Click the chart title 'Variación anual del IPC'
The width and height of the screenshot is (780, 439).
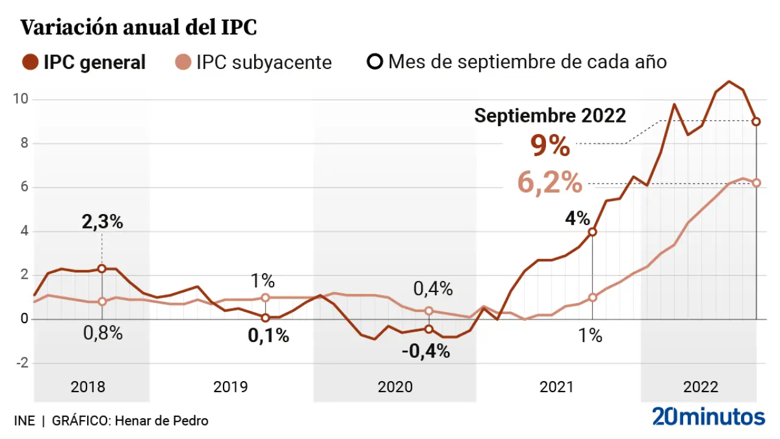click(139, 28)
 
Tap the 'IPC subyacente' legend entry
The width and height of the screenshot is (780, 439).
click(253, 62)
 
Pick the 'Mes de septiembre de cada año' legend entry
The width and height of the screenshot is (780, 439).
click(518, 62)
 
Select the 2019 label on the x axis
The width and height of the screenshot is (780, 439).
click(230, 387)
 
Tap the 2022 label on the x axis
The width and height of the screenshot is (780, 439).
click(701, 387)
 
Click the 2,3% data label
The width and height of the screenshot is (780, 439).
click(102, 222)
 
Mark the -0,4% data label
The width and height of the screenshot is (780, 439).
click(426, 351)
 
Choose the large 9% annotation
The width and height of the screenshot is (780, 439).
click(550, 146)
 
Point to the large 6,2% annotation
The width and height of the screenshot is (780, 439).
click(550, 182)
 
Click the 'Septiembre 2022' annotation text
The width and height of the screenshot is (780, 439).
click(550, 116)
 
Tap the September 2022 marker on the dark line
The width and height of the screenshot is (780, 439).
click(756, 122)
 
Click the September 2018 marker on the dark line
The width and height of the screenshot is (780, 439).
click(102, 268)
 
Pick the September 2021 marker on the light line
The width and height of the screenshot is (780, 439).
click(592, 298)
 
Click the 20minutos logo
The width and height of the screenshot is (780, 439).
click(708, 417)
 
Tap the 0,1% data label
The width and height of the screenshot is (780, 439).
click(268, 336)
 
